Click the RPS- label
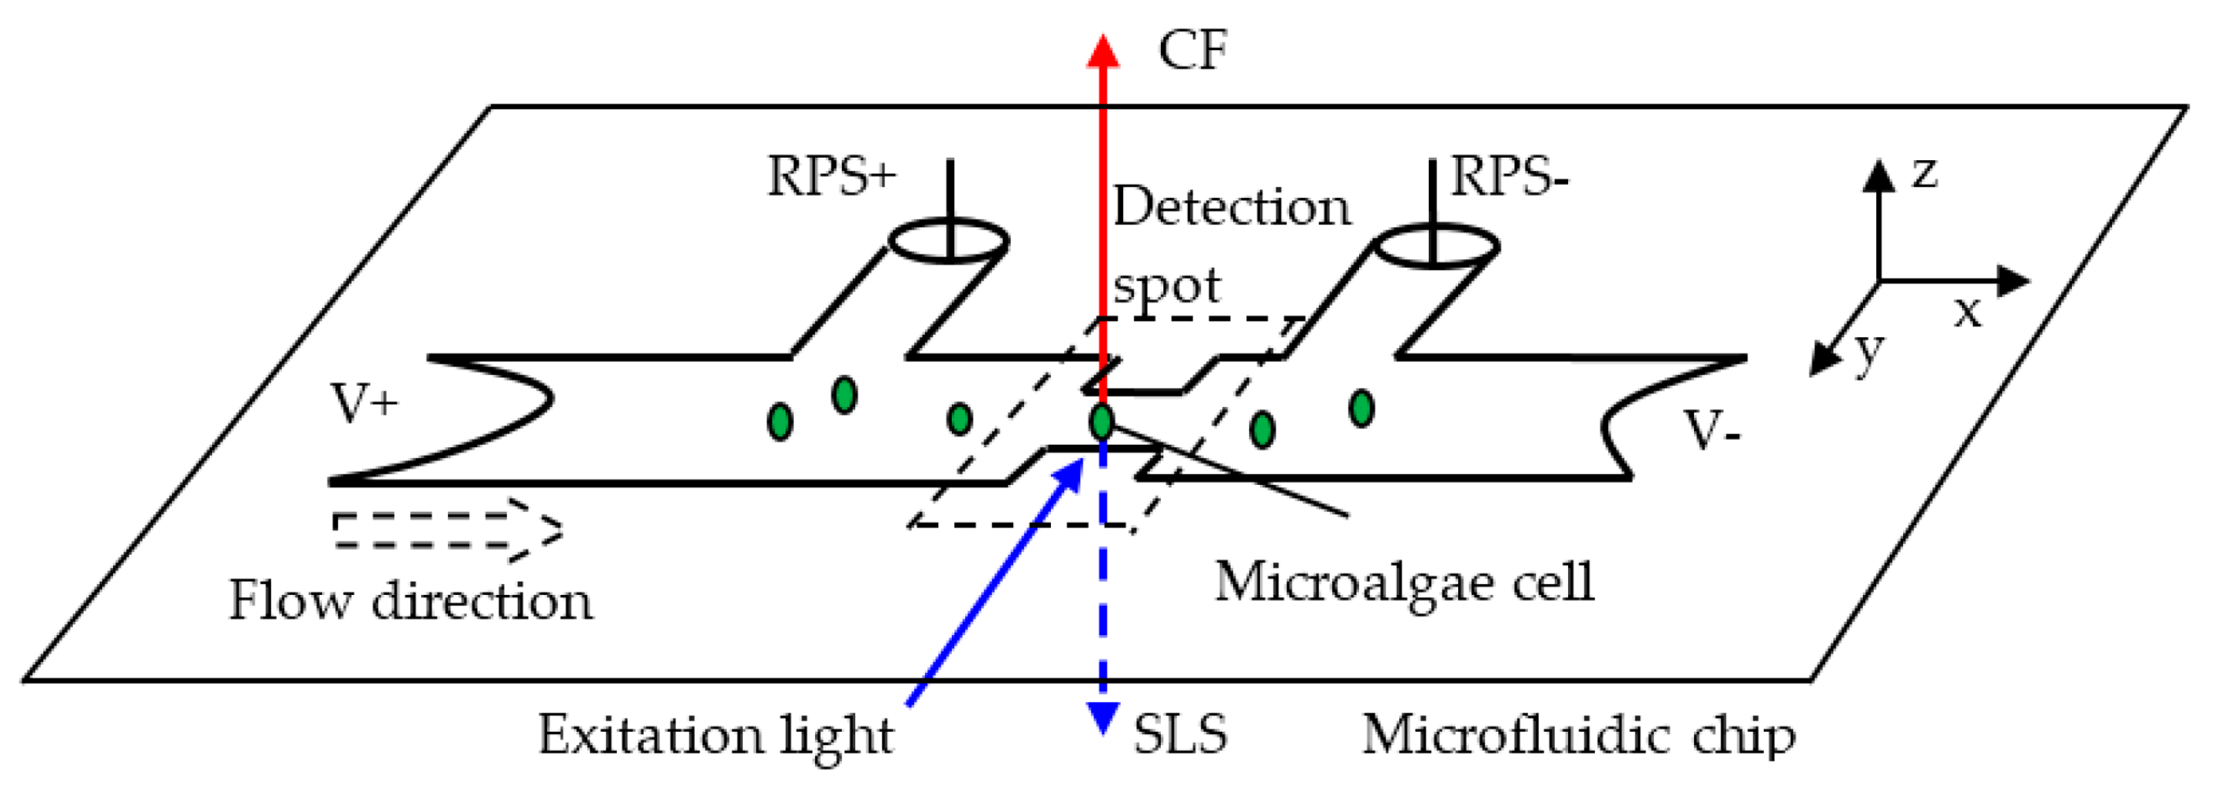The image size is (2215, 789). click(1509, 177)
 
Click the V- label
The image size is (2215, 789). click(1711, 430)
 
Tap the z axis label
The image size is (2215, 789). click(1924, 172)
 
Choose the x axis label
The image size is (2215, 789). click(1967, 311)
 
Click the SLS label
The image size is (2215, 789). click(1180, 735)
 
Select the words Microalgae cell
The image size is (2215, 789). click(1404, 582)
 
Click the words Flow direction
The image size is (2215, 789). click(410, 600)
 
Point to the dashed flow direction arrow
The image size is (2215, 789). click(447, 531)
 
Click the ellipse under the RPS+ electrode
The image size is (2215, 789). click(948, 240)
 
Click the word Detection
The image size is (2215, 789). click(1231, 207)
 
